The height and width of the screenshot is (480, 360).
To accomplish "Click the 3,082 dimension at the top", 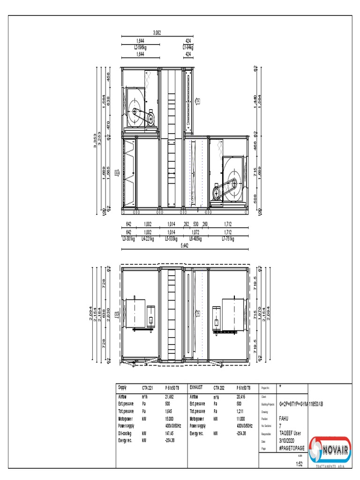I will (157, 33).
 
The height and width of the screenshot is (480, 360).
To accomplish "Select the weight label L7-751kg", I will (228, 239).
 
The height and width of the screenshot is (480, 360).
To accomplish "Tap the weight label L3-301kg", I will (128, 239).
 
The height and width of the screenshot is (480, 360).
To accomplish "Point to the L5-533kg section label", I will (172, 239).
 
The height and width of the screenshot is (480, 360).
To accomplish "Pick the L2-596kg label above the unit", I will (140, 47).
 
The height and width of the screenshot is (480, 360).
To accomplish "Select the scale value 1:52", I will (300, 464).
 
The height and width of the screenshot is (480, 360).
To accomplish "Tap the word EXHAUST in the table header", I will (196, 388).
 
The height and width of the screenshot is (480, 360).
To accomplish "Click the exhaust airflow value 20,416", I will (242, 397).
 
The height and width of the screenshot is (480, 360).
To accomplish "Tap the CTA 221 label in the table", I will (149, 388).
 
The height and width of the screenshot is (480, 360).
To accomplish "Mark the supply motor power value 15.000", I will (170, 419).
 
